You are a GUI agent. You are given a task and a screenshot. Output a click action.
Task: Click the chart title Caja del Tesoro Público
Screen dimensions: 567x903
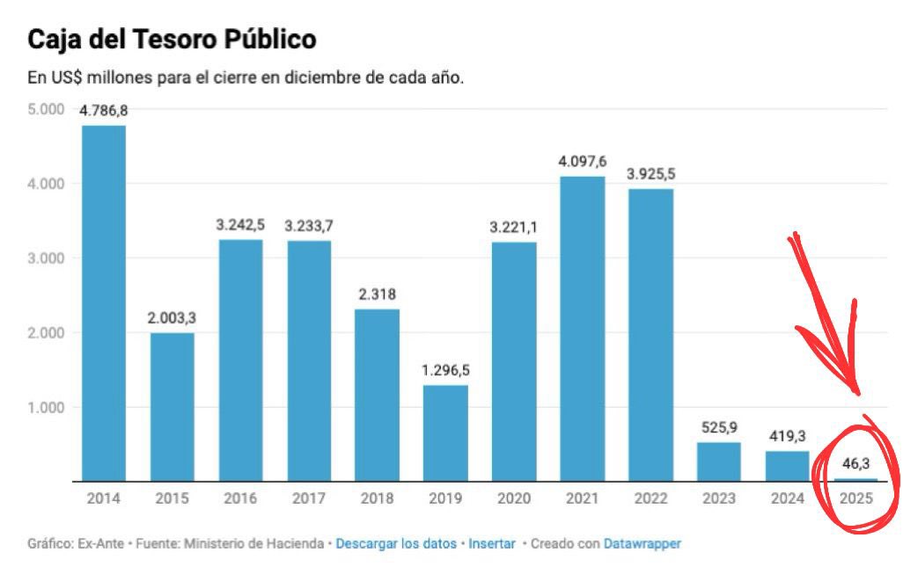click(x=172, y=40)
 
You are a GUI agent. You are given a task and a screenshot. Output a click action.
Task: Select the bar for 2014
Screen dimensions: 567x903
click(x=104, y=303)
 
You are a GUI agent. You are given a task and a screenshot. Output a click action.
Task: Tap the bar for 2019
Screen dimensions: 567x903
click(x=445, y=433)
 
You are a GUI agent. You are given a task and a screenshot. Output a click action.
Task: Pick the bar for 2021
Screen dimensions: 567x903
click(x=583, y=329)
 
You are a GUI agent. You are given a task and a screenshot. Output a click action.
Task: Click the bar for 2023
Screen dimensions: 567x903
click(x=719, y=462)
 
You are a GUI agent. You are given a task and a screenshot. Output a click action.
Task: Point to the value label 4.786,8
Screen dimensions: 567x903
click(x=104, y=112)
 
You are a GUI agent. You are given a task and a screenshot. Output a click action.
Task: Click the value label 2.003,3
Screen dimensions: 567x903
click(x=172, y=318)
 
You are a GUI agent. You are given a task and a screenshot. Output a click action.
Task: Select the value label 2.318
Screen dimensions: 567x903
click(x=378, y=294)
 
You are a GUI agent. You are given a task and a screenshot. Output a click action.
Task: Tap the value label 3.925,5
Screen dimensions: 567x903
click(x=650, y=174)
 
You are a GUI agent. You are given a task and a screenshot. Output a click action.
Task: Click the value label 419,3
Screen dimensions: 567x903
click(x=787, y=435)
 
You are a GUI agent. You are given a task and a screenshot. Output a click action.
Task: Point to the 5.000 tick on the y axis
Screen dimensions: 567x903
click(x=46, y=109)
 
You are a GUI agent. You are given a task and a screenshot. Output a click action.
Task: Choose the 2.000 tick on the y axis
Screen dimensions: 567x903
click(x=46, y=333)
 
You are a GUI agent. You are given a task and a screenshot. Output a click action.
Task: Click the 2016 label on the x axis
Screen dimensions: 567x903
click(x=240, y=499)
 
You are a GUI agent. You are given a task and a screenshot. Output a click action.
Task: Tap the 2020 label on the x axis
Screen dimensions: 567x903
click(x=514, y=499)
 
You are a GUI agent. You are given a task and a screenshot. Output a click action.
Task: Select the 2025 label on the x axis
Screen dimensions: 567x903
click(x=855, y=499)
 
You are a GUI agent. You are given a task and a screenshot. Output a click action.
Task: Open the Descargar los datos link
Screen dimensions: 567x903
click(x=396, y=544)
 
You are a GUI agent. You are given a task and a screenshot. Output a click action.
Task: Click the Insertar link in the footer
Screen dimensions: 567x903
click(x=492, y=544)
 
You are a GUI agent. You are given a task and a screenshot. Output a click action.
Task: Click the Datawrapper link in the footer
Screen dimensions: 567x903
click(x=642, y=544)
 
